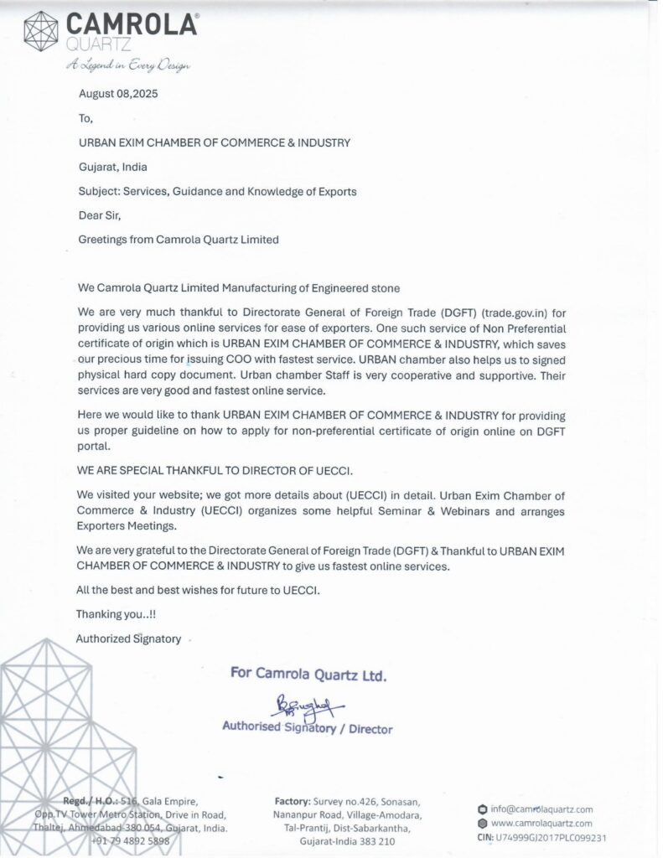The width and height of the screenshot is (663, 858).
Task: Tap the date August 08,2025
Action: [x=118, y=94]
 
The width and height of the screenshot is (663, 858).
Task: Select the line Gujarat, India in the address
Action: [x=112, y=167]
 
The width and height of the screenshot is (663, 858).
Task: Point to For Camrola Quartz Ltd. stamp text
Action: [x=308, y=675]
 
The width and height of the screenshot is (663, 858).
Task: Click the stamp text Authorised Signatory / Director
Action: [x=307, y=728]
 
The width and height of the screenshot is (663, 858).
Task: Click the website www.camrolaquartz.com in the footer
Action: [x=541, y=824]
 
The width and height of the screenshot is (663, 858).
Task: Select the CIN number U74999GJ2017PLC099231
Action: [x=552, y=837]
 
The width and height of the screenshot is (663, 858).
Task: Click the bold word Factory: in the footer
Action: [x=293, y=801]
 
